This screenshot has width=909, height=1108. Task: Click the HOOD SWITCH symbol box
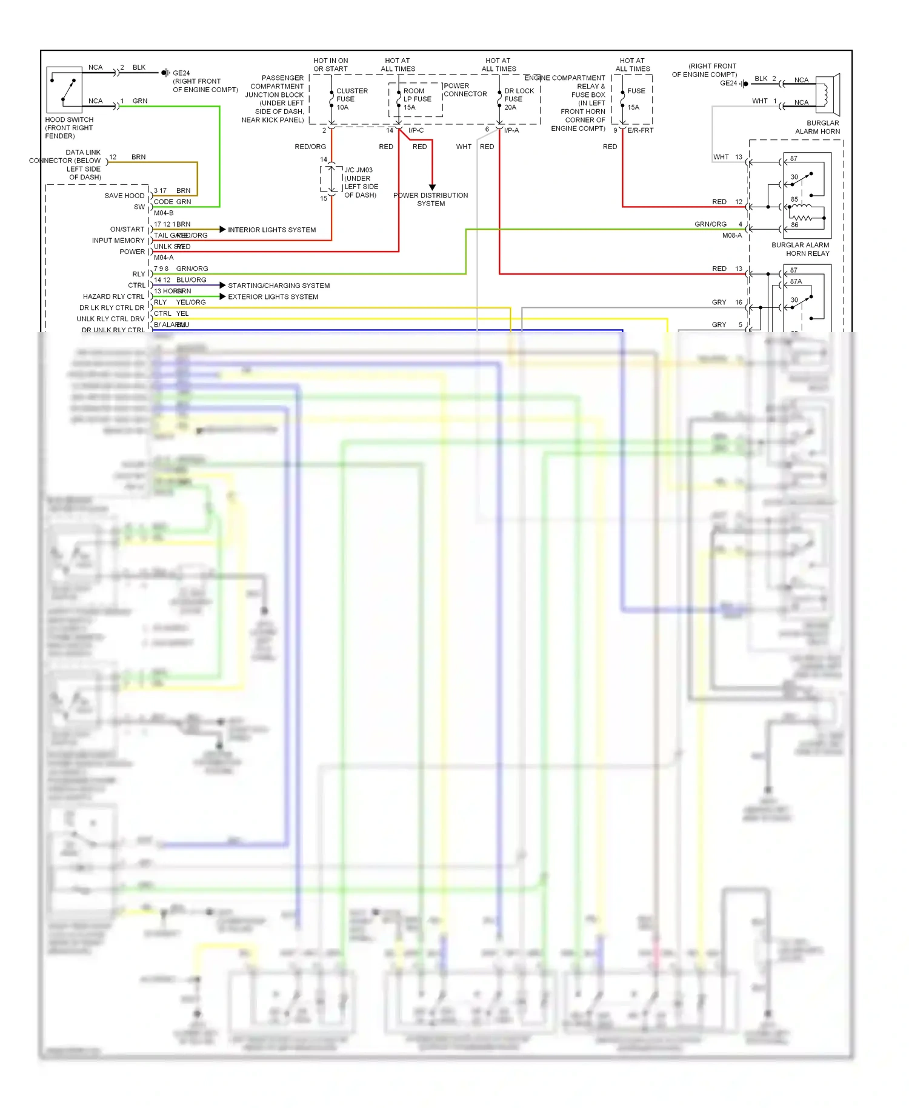(x=64, y=90)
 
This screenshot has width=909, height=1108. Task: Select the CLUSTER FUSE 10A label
(x=351, y=99)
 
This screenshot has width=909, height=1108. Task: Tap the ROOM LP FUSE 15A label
(x=417, y=99)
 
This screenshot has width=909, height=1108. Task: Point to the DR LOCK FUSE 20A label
(x=519, y=99)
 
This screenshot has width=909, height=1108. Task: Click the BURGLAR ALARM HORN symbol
(x=827, y=94)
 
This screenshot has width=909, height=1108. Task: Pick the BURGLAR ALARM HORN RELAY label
(x=801, y=249)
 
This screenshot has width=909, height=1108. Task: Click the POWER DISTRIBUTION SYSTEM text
(x=430, y=199)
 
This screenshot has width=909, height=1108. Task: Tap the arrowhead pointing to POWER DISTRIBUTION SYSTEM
(x=432, y=187)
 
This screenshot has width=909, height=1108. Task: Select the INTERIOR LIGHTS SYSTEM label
(x=271, y=230)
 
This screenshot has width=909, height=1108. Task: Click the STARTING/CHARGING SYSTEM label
(x=279, y=285)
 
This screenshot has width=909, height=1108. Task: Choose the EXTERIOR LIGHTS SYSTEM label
(x=273, y=296)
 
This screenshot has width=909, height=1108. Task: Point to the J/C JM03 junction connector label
(x=361, y=182)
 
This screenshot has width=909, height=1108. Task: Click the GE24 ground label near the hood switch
(x=181, y=73)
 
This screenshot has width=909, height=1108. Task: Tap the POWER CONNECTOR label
(x=465, y=90)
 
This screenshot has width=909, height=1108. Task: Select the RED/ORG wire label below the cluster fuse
(x=310, y=147)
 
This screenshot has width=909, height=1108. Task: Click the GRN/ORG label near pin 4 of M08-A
(x=710, y=224)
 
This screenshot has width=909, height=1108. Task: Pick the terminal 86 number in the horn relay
(x=794, y=225)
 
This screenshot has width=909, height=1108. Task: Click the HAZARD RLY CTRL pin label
(x=113, y=296)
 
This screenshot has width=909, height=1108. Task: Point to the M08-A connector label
(x=731, y=235)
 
